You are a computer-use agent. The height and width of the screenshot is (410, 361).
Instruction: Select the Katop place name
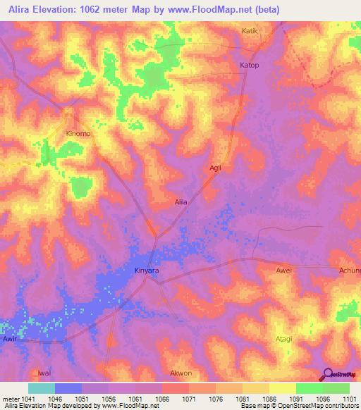coord(250,66)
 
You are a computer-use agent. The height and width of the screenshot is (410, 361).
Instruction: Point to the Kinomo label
coord(78,133)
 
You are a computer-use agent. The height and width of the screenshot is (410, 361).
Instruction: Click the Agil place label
coord(216,168)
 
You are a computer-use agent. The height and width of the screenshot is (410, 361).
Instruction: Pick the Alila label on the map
coord(181,202)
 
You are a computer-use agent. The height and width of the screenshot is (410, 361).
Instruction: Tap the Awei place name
coord(283,270)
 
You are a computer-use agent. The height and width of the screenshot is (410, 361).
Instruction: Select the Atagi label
coord(283,339)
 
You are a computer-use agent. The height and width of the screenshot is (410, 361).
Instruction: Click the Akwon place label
coord(181,373)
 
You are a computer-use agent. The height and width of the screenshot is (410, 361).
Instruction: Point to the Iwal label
coord(44,373)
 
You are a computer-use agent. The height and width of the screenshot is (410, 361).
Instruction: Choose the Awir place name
coord(9,339)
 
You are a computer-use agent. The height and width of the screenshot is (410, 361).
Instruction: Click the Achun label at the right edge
coord(350,270)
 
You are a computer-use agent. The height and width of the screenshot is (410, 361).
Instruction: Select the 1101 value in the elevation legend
coord(350,398)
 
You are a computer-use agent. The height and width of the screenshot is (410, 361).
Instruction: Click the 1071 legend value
coord(189,398)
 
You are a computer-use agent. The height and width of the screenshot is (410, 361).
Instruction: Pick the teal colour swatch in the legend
coord(42,388)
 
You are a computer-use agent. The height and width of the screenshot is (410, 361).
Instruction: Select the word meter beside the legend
coord(10,398)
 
